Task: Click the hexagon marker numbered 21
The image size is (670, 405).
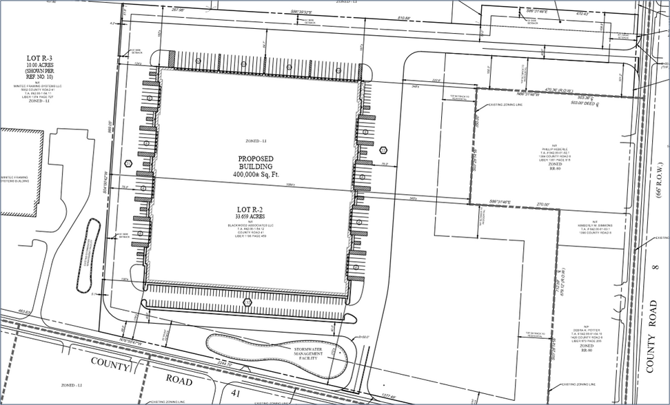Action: pos(128,163)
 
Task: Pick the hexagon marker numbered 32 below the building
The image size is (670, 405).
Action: pos(248,301)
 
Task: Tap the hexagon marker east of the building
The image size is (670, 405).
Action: pos(383,150)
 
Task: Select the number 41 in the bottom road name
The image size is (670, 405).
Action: pos(235,393)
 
